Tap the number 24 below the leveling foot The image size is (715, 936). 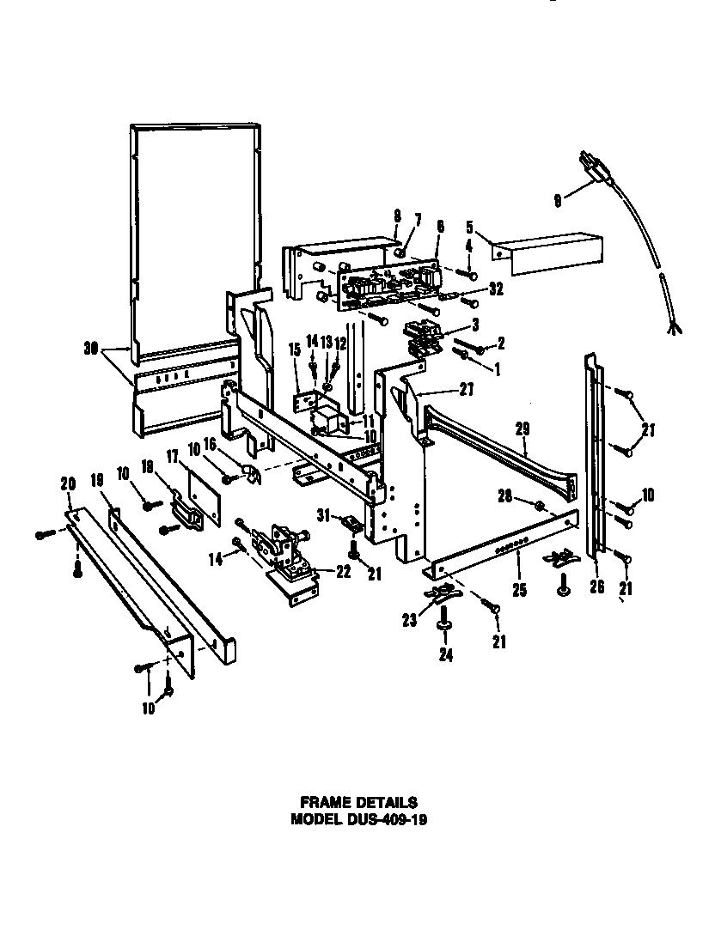click(x=445, y=655)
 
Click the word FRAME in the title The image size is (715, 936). click(x=323, y=803)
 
